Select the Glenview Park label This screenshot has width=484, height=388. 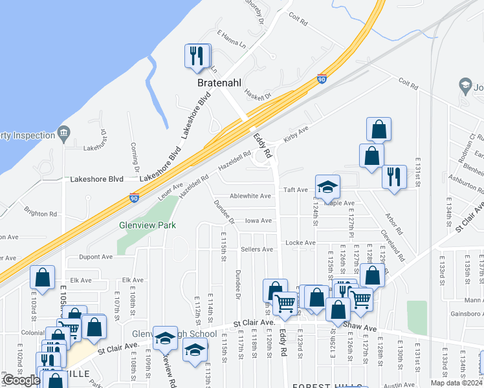click(147, 226)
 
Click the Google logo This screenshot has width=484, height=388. click(21, 380)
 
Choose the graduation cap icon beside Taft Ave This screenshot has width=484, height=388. click(327, 187)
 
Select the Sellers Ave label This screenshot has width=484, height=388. click(257, 249)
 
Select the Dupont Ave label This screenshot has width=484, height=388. click(96, 257)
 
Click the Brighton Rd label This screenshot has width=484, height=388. click(41, 213)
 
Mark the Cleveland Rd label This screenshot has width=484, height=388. click(392, 245)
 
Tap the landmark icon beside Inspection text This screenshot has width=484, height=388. click(63, 135)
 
